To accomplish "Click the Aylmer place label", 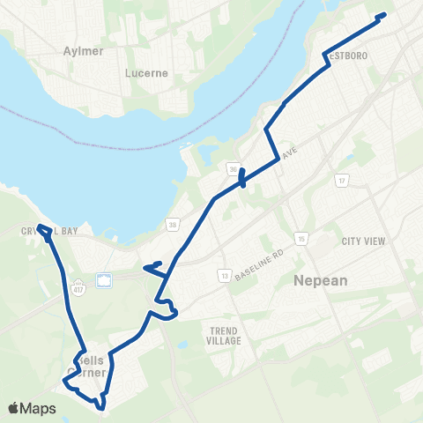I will point(84,50).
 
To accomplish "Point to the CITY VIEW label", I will point(365,241).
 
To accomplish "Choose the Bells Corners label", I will point(88,367).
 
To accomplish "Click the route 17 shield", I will point(341,181).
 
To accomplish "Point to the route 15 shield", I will point(301,238).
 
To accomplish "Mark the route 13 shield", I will point(225,276).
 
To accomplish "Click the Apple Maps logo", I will point(32,408).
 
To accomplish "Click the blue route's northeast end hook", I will point(382,15).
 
